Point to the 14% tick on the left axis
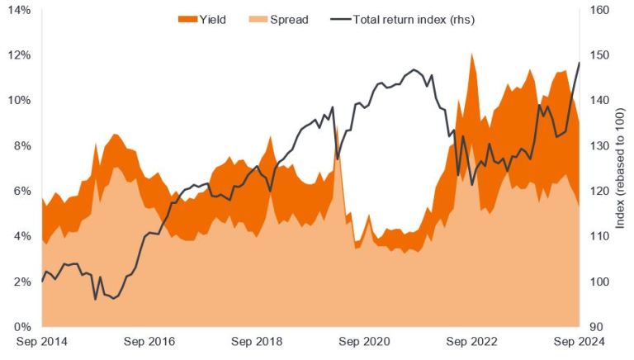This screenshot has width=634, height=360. (20, 10)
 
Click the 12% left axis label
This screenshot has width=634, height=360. (20, 55)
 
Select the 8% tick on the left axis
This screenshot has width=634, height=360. (22, 146)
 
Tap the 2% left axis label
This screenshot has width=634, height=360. (22, 282)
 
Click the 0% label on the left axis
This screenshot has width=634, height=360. (22, 327)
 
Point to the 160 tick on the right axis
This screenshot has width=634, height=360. (599, 10)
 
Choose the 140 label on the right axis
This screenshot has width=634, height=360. (599, 101)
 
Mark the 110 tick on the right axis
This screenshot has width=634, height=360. (599, 236)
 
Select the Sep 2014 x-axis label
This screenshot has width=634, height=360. (42, 342)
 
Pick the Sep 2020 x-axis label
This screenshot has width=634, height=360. (365, 342)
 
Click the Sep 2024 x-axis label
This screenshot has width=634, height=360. (579, 342)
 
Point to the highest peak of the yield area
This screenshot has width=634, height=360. (471, 54)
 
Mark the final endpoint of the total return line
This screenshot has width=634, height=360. (579, 63)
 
